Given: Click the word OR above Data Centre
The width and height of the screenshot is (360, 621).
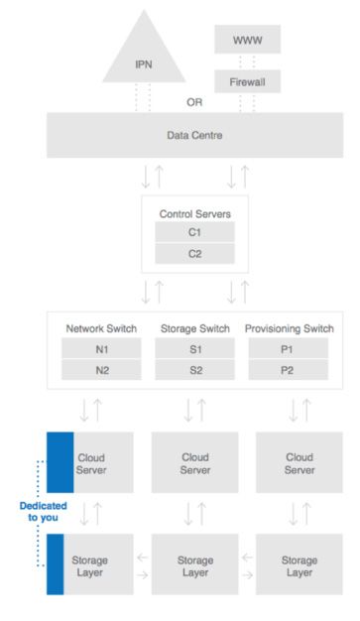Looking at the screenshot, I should pyautogui.click(x=194, y=102).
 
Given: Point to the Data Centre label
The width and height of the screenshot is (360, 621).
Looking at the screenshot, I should pyautogui.click(x=194, y=135).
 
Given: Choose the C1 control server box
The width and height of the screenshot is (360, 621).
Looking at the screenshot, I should pyautogui.click(x=194, y=232).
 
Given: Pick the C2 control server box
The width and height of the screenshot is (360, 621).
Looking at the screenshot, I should pyautogui.click(x=194, y=254).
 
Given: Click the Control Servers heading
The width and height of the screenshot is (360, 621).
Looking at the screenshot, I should pyautogui.click(x=194, y=212).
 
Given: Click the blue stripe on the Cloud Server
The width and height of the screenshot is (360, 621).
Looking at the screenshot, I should pyautogui.click(x=55, y=462).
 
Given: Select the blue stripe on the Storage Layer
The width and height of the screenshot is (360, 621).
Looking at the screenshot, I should pyautogui.click(x=55, y=564).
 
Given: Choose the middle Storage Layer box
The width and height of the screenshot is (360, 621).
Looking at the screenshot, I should pyautogui.click(x=194, y=564).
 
